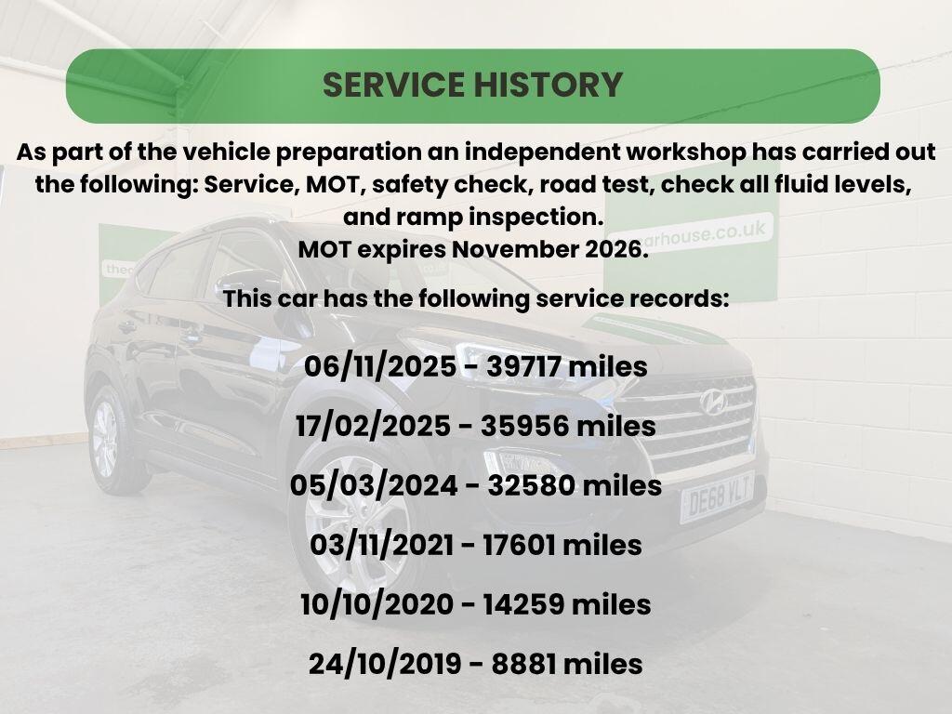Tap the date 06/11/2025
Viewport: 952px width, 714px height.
380,366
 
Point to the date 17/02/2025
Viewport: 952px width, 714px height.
373,426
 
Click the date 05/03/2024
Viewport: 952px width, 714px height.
374,485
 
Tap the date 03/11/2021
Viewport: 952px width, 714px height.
381,545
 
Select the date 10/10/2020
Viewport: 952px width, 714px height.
377,604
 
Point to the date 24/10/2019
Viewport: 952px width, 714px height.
385,664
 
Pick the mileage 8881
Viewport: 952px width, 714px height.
523,664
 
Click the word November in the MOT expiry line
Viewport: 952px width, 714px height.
514,249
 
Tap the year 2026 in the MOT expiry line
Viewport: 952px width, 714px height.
615,249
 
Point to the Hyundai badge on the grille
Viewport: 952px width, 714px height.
713,402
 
